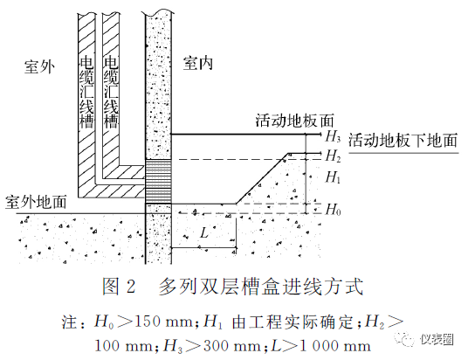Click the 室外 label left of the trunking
[x=39, y=66]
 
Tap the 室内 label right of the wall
[x=198, y=63]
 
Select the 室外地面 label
[x=36, y=202]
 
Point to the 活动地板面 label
[x=294, y=121]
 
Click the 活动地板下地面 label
[x=403, y=140]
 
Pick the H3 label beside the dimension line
[x=333, y=136]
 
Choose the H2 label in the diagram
[x=333, y=156]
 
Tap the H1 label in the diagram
[x=333, y=177]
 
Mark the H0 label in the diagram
[x=333, y=209]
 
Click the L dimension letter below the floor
[x=204, y=232]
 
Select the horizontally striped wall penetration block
[x=158, y=181]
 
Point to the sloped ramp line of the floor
[x=262, y=178]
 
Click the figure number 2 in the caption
[x=131, y=287]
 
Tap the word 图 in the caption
[x=111, y=287]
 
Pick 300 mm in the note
[x=231, y=346]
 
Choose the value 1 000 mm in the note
[x=334, y=346]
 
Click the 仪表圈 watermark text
[x=437, y=339]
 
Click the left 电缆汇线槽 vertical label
[x=86, y=92]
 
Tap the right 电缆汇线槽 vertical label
[x=111, y=92]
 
